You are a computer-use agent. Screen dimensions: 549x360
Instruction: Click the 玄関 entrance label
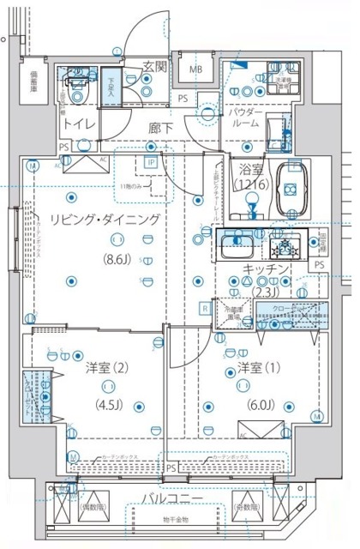click(x=154, y=66)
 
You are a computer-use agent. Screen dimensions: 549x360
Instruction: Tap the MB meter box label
click(x=195, y=69)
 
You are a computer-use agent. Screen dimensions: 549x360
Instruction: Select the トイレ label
click(x=77, y=123)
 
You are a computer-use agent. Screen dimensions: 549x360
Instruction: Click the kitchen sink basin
click(x=233, y=248)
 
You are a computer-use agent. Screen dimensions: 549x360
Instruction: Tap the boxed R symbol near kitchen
click(x=205, y=307)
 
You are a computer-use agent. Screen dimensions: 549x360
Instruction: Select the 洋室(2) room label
click(x=108, y=370)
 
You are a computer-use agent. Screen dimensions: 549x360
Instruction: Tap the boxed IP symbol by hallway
click(x=151, y=161)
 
